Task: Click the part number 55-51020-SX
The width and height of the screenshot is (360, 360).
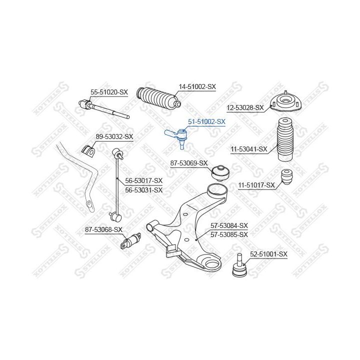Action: click(x=109, y=92)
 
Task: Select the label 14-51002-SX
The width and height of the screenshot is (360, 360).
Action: click(x=197, y=87)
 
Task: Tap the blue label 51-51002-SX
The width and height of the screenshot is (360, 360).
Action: click(x=206, y=121)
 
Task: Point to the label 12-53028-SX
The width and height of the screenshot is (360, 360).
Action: click(x=245, y=107)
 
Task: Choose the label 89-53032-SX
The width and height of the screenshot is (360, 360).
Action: click(x=114, y=136)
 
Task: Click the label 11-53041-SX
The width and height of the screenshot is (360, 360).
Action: click(x=249, y=149)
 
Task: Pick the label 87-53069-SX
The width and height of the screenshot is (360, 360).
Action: click(x=189, y=163)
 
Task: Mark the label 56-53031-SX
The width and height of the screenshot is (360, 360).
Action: click(x=143, y=190)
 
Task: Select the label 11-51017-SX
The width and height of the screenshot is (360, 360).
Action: click(x=256, y=185)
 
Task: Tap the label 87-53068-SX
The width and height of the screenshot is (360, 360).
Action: click(x=104, y=229)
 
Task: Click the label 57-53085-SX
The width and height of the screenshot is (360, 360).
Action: click(x=229, y=234)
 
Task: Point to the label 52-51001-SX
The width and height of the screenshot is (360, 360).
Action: click(x=268, y=254)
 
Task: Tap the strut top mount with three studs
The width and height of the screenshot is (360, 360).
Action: click(x=285, y=102)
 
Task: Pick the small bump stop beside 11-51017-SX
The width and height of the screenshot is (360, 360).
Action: click(x=287, y=177)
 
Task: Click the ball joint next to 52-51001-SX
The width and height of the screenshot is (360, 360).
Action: click(x=239, y=265)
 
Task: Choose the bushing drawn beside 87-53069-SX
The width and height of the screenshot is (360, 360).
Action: click(x=220, y=173)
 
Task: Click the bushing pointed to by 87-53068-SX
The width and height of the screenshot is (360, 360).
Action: click(x=131, y=240)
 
